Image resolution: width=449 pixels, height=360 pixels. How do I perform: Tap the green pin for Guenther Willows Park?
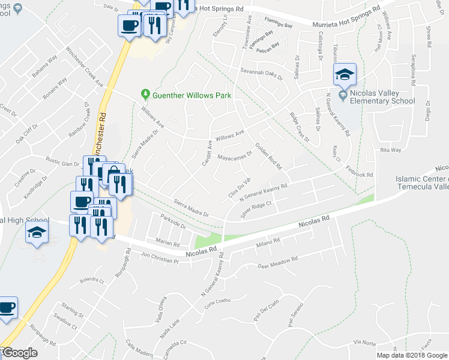[145, 94]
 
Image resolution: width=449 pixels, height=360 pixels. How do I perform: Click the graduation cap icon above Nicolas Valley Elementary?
[345, 76]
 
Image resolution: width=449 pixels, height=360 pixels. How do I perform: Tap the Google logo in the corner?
[19, 353]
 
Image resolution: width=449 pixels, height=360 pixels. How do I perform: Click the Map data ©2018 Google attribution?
[411, 355]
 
